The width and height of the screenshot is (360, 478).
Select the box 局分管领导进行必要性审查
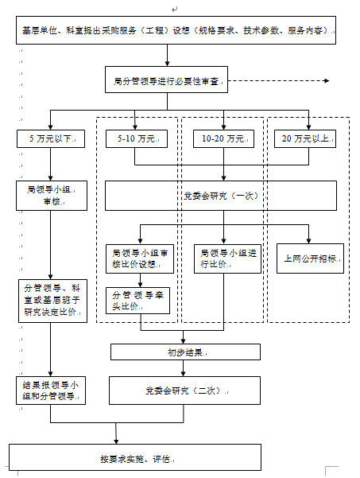tap(167, 80)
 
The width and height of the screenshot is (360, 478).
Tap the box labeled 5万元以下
tap(50, 138)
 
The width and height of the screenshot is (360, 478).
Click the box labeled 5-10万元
tap(134, 138)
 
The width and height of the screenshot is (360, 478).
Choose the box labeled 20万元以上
tap(307, 138)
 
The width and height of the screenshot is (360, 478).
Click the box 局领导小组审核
tap(50, 196)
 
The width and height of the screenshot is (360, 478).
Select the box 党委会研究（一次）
tap(226, 195)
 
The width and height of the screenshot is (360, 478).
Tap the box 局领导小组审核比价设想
tap(139, 258)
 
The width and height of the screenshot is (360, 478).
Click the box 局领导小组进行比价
tap(226, 258)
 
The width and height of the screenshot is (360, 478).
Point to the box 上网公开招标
tap(311, 259)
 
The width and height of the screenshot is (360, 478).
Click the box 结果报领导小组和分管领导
tap(50, 391)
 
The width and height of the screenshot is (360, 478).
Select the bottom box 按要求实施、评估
tap(135, 458)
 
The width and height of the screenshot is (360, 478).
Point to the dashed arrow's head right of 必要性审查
tap(328, 80)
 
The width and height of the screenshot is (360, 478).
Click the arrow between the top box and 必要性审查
tap(167, 56)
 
